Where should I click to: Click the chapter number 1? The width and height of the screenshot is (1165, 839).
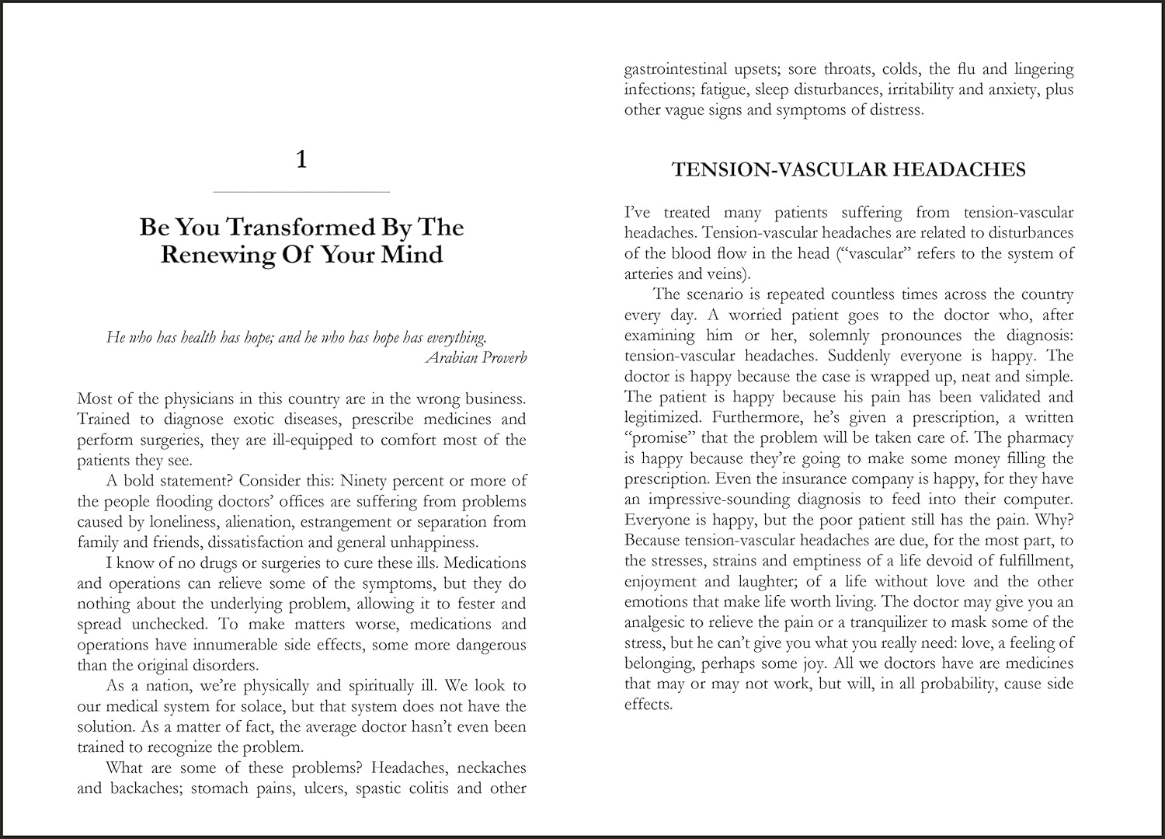coord(302,160)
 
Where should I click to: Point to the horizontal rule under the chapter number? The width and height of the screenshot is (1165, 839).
coord(301,192)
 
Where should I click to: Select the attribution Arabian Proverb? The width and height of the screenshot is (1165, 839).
coord(476,357)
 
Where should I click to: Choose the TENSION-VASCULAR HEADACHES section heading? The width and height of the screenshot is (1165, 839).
coord(848,170)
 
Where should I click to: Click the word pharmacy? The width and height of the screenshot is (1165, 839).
coord(1038,438)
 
